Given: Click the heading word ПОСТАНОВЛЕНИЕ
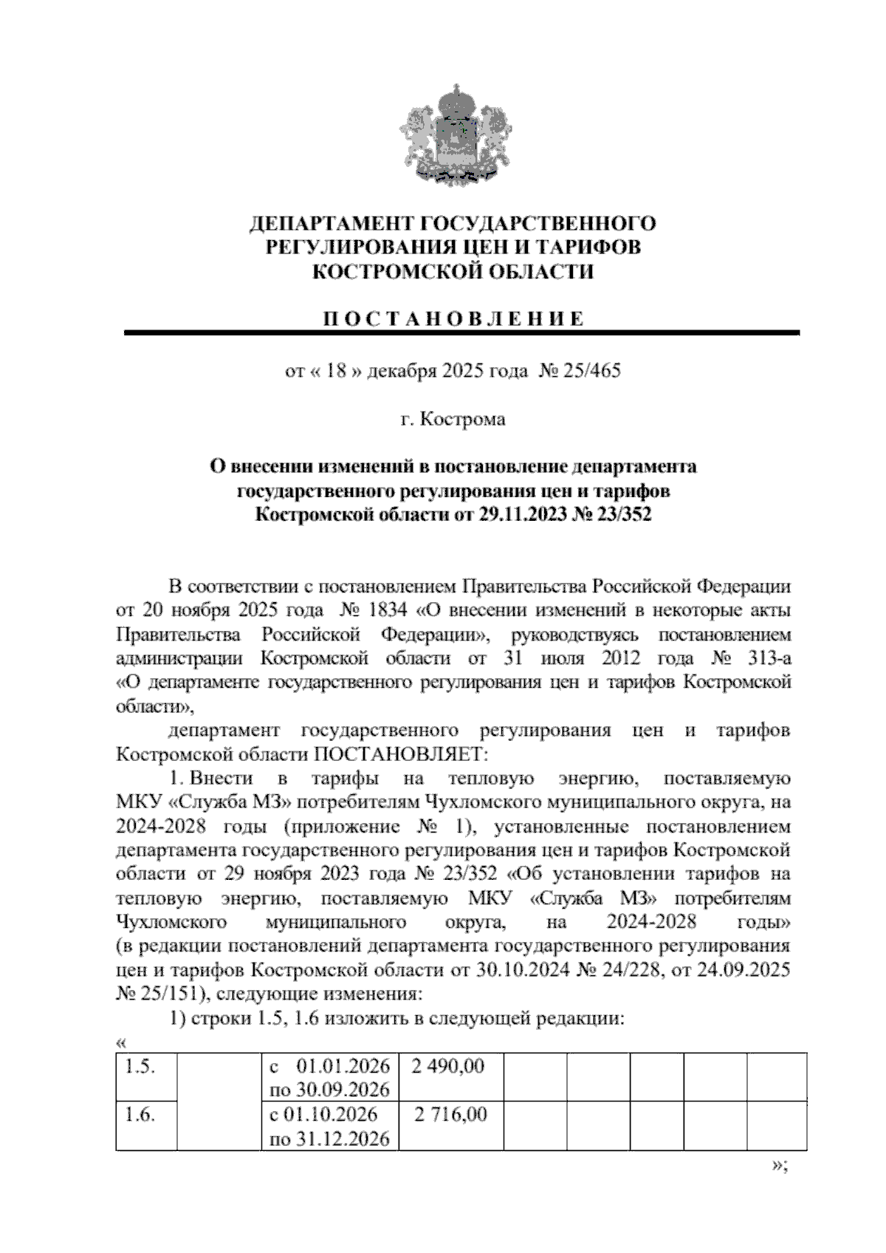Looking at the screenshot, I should (453, 319).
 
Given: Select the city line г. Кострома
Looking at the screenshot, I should (453, 420).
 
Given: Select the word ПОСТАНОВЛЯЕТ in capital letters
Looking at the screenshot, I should (402, 755).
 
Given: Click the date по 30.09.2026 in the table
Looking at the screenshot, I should (329, 1090).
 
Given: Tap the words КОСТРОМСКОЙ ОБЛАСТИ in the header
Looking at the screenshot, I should (453, 272).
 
